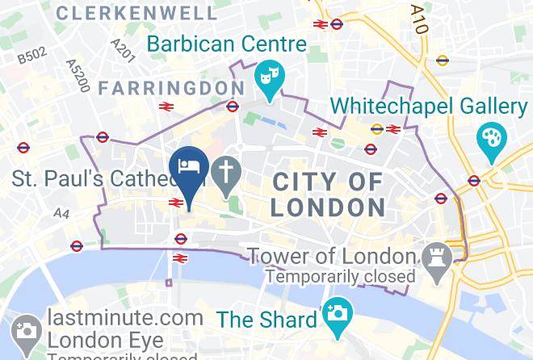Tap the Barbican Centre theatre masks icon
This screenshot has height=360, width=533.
[x=267, y=78]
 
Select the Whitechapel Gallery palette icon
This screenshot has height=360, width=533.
[x=490, y=139]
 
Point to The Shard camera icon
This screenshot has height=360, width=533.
[x=337, y=311]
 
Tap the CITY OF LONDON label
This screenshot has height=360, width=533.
[x=327, y=195]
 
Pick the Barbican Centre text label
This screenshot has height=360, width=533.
[x=227, y=44]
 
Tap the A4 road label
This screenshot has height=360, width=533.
[x=62, y=213]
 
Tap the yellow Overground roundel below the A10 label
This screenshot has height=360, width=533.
[x=442, y=60]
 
